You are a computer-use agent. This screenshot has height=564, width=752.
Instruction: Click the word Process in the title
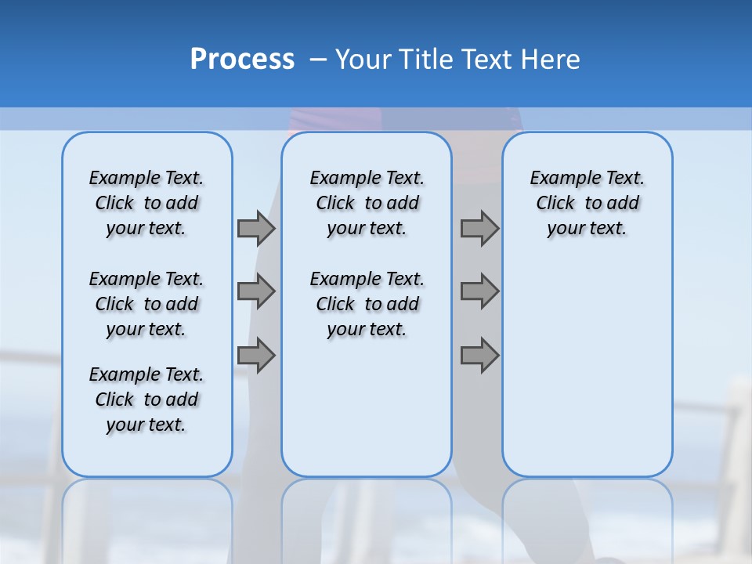point(242,60)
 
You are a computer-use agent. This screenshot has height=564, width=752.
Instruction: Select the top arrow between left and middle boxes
point(256,228)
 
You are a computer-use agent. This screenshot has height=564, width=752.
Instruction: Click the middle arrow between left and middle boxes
point(256,291)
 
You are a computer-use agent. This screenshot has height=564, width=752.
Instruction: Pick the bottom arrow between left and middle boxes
point(256,356)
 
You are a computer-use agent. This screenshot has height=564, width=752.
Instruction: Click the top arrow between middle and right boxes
point(479,228)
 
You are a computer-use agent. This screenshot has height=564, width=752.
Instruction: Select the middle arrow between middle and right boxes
point(479,291)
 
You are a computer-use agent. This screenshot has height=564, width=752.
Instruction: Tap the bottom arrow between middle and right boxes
point(479,356)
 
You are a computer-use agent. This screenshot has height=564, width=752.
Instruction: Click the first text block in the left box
point(146,203)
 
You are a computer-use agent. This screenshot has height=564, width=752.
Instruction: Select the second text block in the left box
point(146,304)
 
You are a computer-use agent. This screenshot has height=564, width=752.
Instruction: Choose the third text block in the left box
point(146,399)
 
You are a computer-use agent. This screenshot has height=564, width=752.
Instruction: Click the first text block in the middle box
point(367,203)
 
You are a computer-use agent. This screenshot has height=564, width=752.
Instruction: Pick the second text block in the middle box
point(367,304)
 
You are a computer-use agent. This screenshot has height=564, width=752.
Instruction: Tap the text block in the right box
point(587,203)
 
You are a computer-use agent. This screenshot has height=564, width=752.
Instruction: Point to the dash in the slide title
point(318,60)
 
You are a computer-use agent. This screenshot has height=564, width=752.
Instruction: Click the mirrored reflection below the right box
point(587,517)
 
